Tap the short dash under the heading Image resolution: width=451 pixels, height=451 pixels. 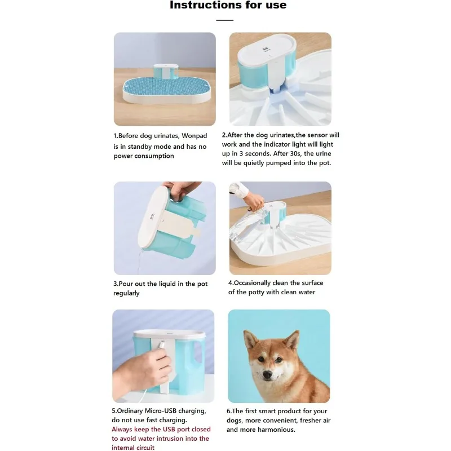[224, 20]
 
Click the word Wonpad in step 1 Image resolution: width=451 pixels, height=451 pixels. [194, 136]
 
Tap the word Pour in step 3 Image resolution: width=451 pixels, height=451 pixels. [126, 284]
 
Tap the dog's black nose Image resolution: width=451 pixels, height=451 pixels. [267, 374]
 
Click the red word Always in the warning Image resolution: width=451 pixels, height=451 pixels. [122, 430]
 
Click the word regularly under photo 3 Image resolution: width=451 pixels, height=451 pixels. [126, 293]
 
